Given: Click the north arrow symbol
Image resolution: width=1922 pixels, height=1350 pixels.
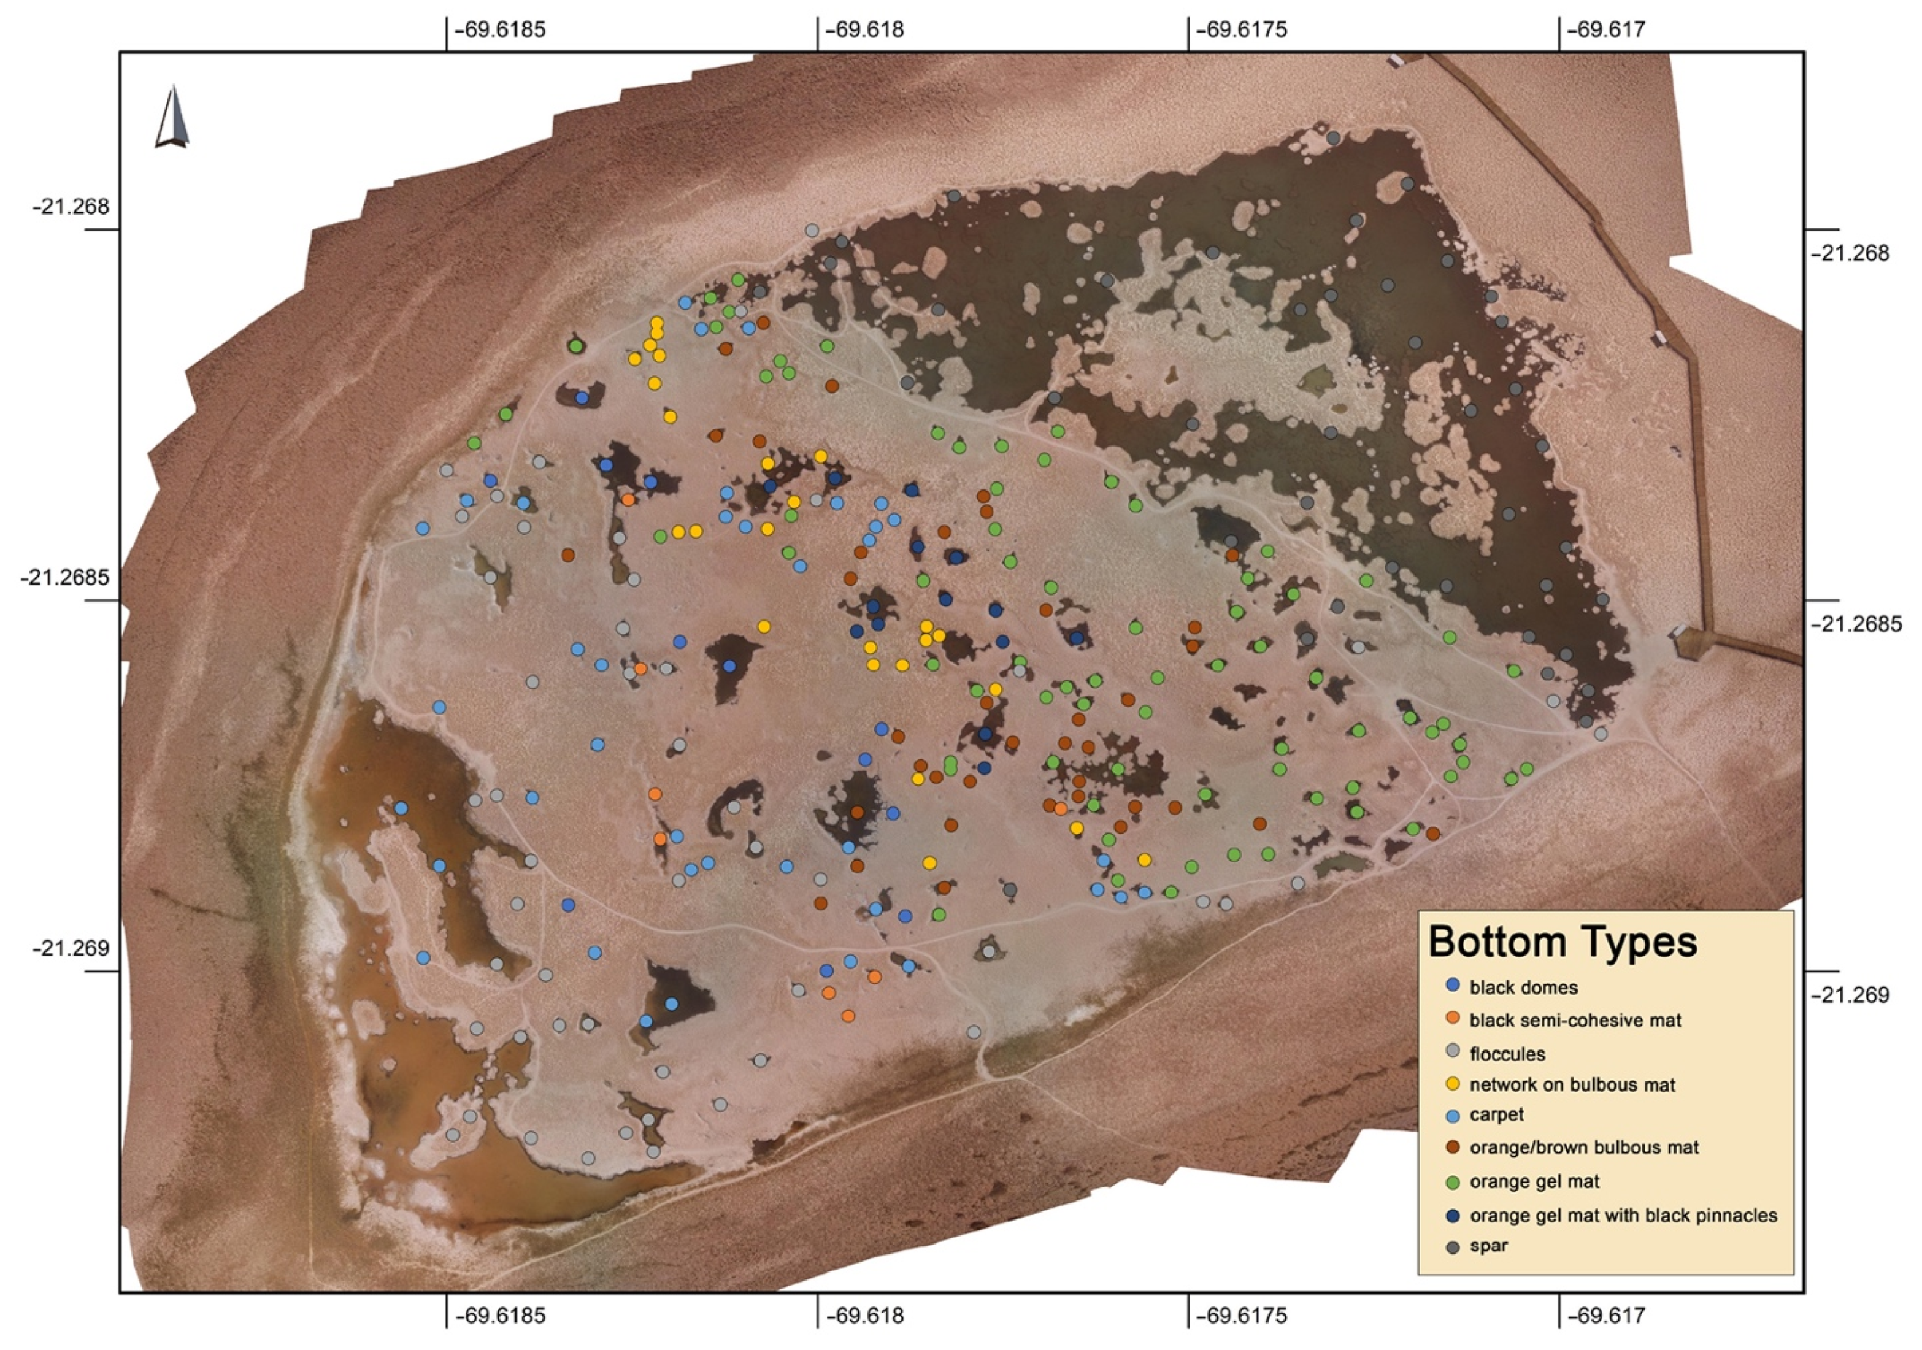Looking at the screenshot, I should (x=172, y=117).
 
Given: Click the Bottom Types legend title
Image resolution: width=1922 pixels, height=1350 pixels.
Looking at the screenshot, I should (x=1562, y=942).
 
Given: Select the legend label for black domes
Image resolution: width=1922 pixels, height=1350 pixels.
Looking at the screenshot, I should (x=1523, y=988).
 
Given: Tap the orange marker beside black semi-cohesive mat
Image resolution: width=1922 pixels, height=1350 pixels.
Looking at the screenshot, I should (x=1453, y=1019).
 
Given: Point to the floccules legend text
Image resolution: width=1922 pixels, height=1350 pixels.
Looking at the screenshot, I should (x=1507, y=1054).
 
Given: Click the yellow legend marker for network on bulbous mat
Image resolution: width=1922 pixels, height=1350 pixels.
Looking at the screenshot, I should (x=1453, y=1084).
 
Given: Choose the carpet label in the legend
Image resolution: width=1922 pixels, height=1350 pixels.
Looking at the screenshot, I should (x=1497, y=1115).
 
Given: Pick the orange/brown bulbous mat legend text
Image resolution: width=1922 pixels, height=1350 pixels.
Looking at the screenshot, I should (x=1584, y=1148).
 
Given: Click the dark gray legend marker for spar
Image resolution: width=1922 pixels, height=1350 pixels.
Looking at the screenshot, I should (x=1453, y=1247).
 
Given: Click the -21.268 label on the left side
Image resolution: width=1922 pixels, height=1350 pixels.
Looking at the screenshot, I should (x=71, y=207).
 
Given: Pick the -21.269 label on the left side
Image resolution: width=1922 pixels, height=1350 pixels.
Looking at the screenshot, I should (x=71, y=949).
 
